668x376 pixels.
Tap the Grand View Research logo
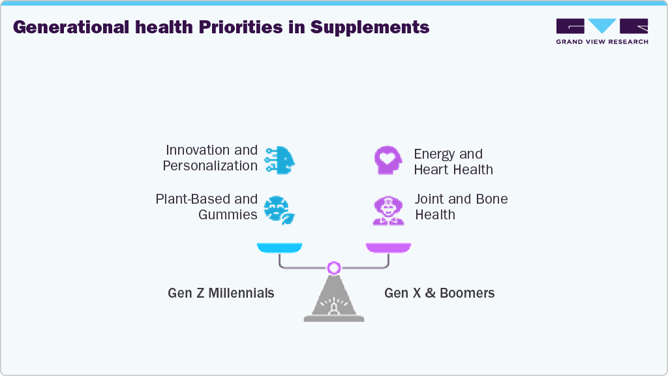point(601,31)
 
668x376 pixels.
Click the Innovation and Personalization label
point(210,158)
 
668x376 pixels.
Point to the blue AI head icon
point(280,159)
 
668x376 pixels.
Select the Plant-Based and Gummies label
point(206,207)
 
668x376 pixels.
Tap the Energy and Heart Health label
point(453,162)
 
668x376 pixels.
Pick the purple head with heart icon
point(387,160)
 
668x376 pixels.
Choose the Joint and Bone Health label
point(461,207)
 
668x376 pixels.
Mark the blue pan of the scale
point(279,247)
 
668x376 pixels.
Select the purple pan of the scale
point(388,247)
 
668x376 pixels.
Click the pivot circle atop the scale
point(334,268)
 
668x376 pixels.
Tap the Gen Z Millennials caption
point(221,293)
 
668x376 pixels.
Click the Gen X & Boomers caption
point(439,293)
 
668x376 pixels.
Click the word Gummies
point(228,215)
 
